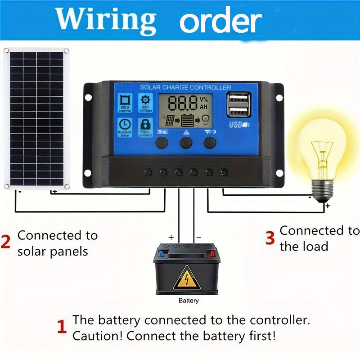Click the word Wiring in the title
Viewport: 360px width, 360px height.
pos(106,19)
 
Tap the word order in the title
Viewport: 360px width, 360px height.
pos(220,20)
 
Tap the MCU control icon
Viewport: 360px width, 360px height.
pos(125,103)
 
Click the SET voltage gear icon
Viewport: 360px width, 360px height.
pos(146,103)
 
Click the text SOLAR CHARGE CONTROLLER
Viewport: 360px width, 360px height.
pos(185,87)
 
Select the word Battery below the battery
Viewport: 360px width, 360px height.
pos(188,301)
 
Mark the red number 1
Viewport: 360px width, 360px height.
pos(62,327)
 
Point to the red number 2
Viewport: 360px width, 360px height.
pos(5,242)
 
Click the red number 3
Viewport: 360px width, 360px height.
pos(270,238)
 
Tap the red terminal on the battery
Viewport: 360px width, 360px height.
pos(212,253)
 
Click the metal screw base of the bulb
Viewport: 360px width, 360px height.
pos(323,189)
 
